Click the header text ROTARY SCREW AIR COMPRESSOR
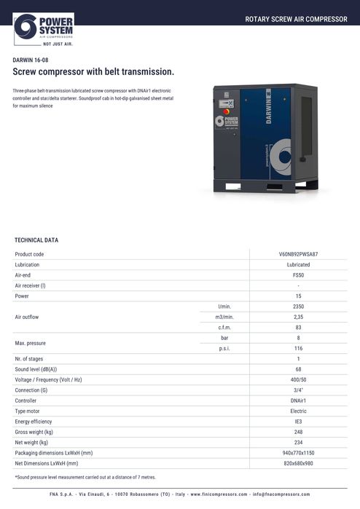tap(296, 19)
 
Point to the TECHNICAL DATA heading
tap(36, 240)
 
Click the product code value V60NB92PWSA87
tap(298, 254)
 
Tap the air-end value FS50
tap(298, 275)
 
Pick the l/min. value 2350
tap(298, 307)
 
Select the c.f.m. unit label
tap(225, 328)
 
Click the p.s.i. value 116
tap(298, 349)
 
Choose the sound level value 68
tap(298, 370)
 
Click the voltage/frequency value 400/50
tap(298, 380)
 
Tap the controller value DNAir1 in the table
tap(298, 401)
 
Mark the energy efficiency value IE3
tap(298, 422)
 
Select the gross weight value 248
tap(298, 432)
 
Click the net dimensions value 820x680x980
tap(298, 463)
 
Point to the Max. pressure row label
tap(31, 344)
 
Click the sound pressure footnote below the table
tap(85, 477)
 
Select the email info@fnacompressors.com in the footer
tap(281, 494)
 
